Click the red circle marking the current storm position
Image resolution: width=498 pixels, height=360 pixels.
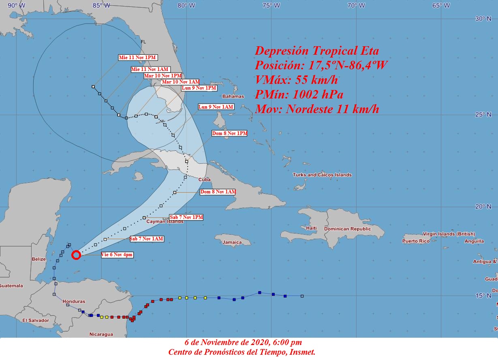[76, 255]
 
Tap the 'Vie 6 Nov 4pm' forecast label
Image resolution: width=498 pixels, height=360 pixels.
[117, 255]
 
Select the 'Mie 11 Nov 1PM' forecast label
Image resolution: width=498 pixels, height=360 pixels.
[137, 57]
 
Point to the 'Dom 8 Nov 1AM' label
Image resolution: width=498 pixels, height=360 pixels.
[218, 192]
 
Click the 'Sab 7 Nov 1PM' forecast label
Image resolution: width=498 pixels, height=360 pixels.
[186, 217]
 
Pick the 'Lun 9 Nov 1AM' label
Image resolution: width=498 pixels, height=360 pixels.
[216, 107]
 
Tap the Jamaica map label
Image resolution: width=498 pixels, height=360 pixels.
[232, 242]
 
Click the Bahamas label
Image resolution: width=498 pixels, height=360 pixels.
[233, 96]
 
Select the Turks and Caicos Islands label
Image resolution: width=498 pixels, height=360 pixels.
[322, 175]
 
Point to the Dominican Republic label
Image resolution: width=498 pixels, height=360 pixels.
[347, 229]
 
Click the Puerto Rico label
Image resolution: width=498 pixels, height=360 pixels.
[416, 241]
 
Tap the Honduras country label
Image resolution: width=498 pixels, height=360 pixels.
[74, 302]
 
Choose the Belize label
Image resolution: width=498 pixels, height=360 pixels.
[39, 259]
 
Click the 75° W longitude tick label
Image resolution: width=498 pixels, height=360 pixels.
[271, 6]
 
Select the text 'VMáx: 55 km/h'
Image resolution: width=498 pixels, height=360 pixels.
[296, 79]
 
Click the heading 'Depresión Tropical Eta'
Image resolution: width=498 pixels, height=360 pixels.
[316, 51]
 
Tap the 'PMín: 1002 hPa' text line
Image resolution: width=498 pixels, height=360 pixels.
[299, 94]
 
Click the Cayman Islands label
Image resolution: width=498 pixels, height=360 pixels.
[165, 222]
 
